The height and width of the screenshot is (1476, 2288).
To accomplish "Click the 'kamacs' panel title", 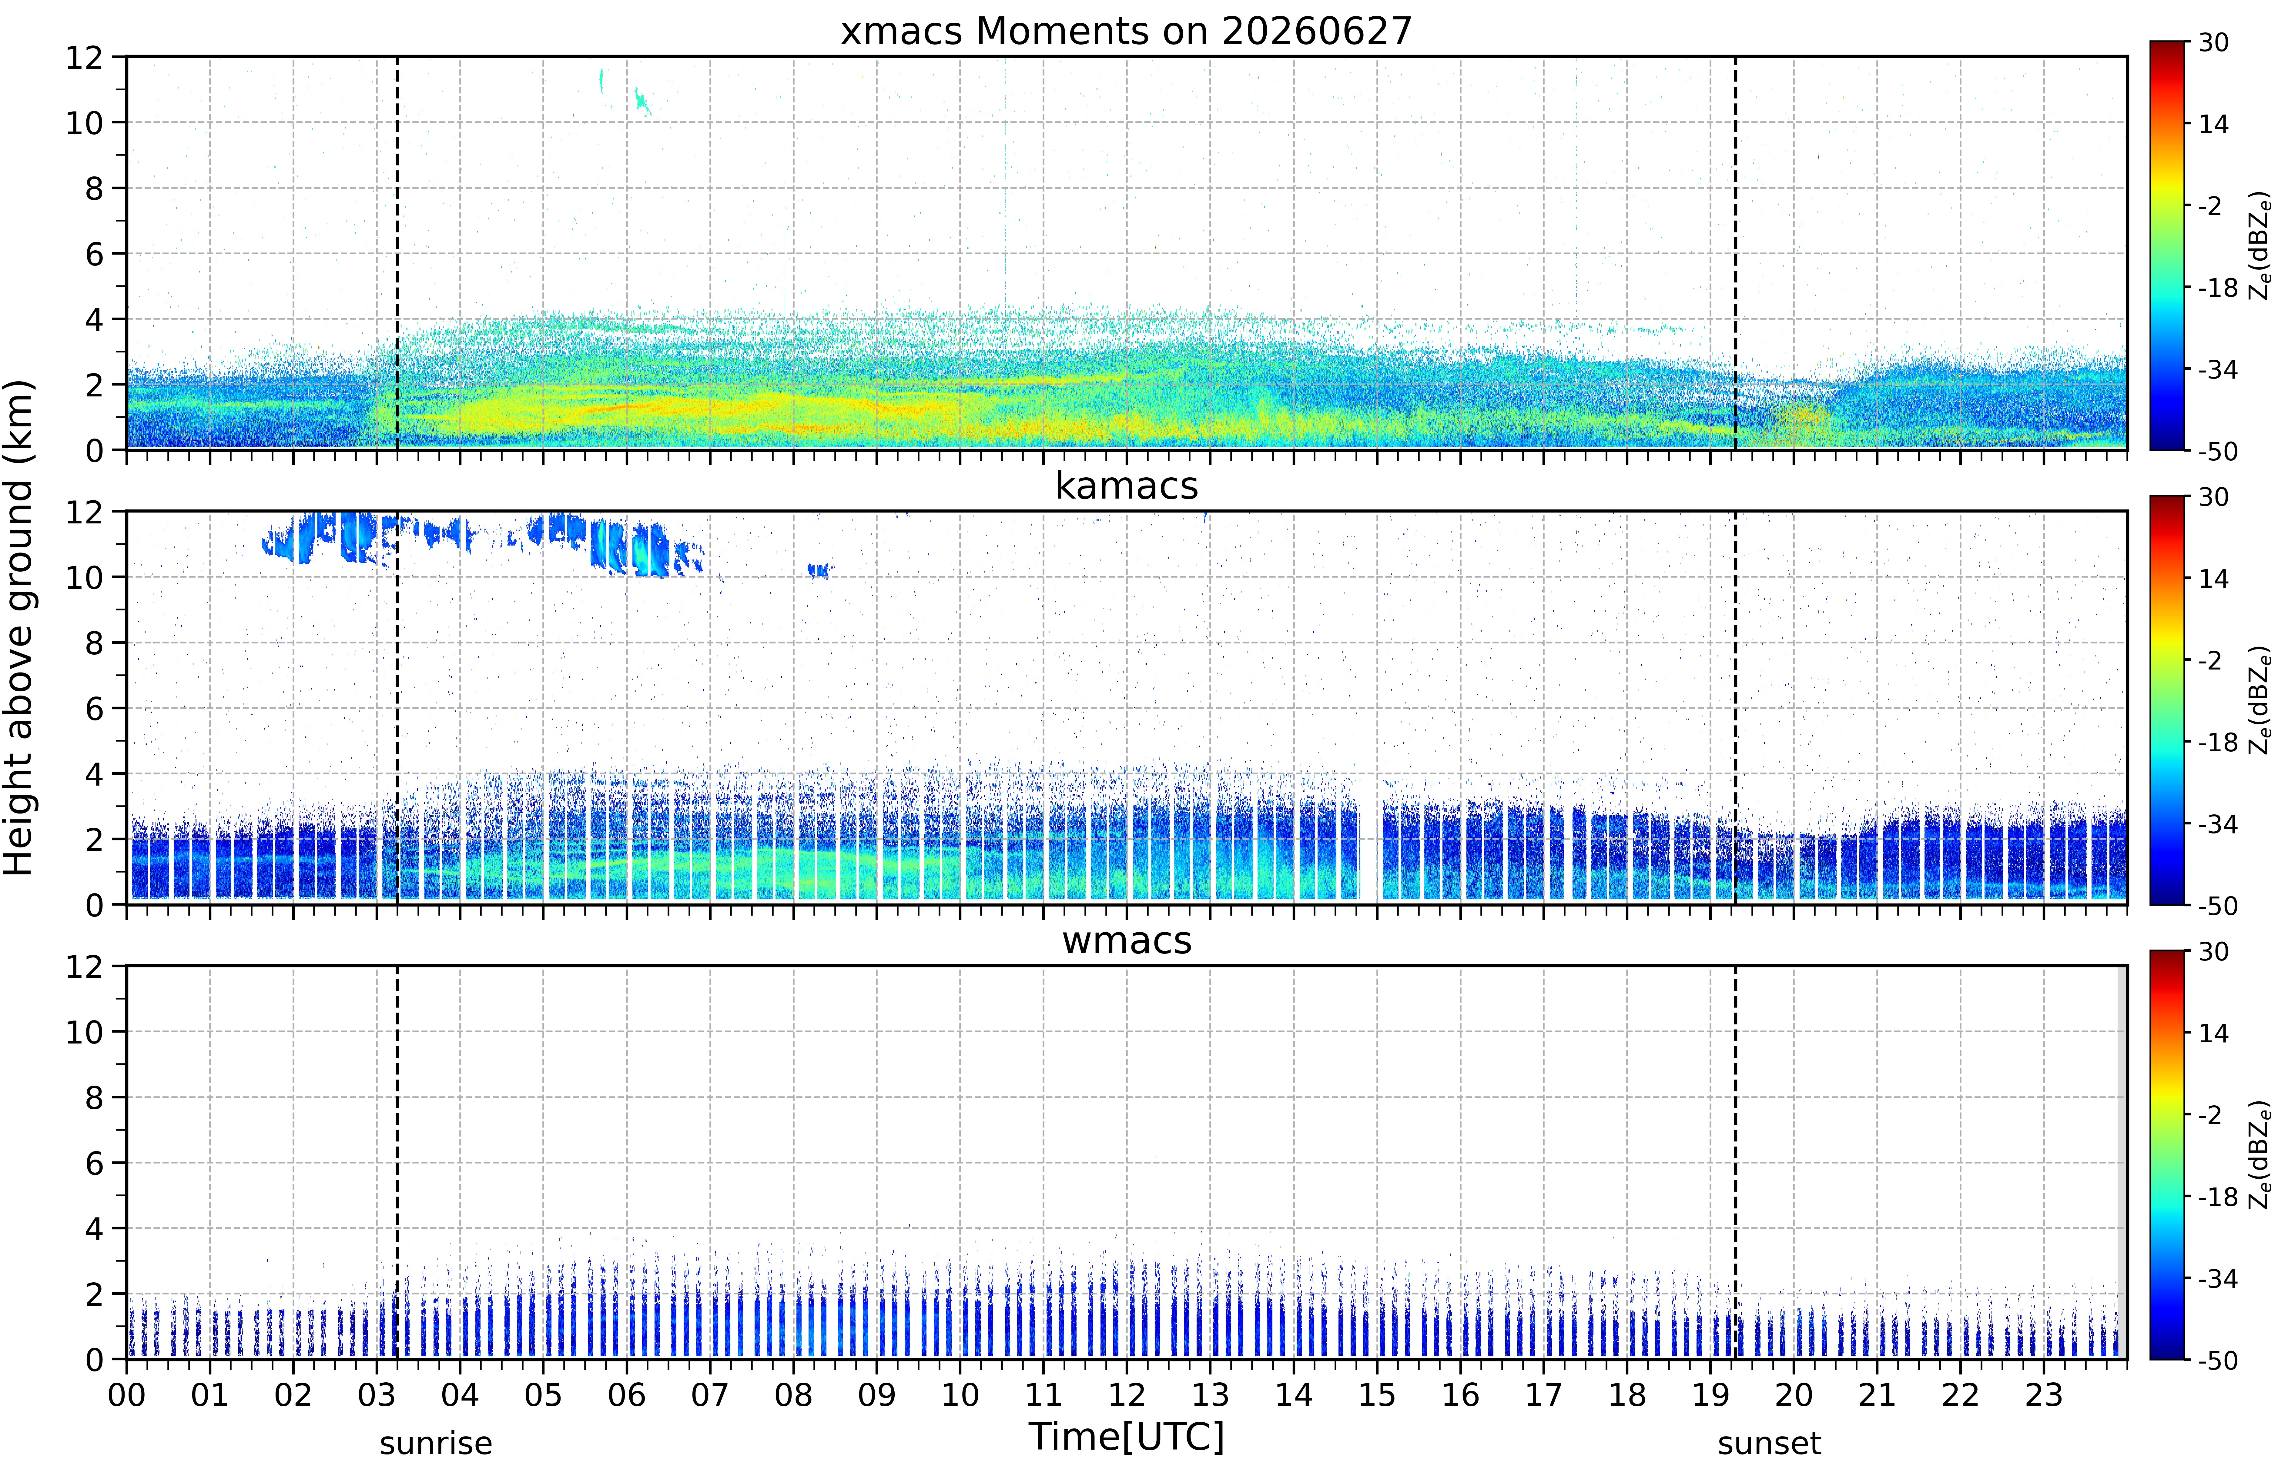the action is (1126, 486).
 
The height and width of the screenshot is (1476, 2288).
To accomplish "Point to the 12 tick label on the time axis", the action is (1127, 1394).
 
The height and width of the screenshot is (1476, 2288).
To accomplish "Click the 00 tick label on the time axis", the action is (126, 1394).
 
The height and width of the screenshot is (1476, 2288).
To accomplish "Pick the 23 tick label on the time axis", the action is (2044, 1394).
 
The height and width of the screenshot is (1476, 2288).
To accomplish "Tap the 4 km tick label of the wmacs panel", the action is (94, 1229).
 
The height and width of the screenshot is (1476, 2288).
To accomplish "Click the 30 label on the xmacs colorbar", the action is (2213, 42).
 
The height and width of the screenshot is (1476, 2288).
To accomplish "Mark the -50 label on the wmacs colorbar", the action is (2217, 1360).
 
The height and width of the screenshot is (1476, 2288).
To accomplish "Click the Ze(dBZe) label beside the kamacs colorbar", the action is (2260, 700).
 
